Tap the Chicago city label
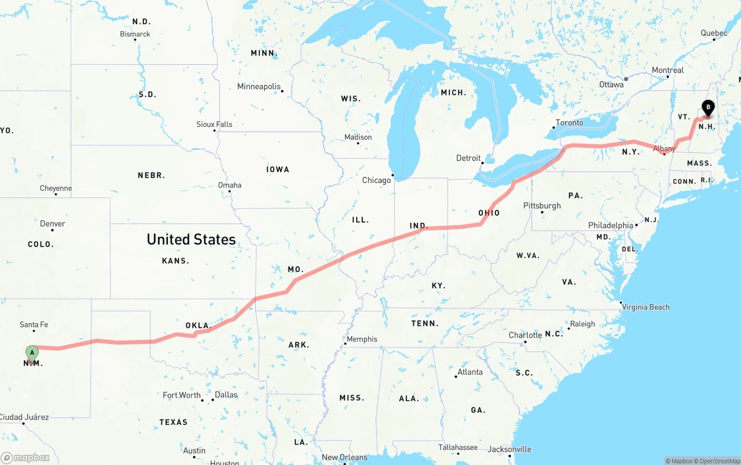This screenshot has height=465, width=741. pyautogui.click(x=376, y=180)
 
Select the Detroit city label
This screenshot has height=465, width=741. pyautogui.click(x=468, y=158)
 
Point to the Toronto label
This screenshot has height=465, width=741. pyautogui.click(x=570, y=123)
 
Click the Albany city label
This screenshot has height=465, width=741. pyautogui.click(x=664, y=149)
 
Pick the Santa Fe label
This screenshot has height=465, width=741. pyautogui.click(x=34, y=324)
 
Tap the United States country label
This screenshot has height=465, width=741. pyautogui.click(x=191, y=239)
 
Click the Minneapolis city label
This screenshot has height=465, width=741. pyautogui.click(x=259, y=86)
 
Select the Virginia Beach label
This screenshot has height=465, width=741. pyautogui.click(x=645, y=307)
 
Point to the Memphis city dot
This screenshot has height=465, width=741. pyautogui.click(x=346, y=344)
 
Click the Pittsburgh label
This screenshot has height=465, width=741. pyautogui.click(x=542, y=206)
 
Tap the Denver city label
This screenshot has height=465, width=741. pyautogui.click(x=53, y=224)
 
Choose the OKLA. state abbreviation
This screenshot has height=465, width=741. pyautogui.click(x=197, y=325)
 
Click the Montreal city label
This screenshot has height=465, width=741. pyautogui.click(x=667, y=70)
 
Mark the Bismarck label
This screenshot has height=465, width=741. pyautogui.click(x=135, y=34)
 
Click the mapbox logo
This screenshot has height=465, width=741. pyautogui.click(x=25, y=457)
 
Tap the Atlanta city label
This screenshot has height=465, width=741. pyautogui.click(x=469, y=372)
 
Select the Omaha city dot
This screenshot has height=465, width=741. pyautogui.click(x=230, y=192)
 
